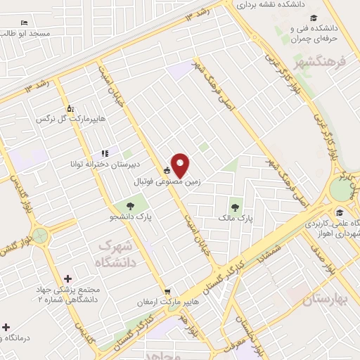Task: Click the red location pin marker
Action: tap(180, 165)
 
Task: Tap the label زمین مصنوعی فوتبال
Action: tap(167, 181)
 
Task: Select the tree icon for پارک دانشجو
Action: tap(130, 205)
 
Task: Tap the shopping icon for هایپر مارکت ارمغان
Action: tap(167, 292)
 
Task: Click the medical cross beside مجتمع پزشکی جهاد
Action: tap(67, 280)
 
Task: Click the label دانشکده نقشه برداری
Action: tap(274, 5)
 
